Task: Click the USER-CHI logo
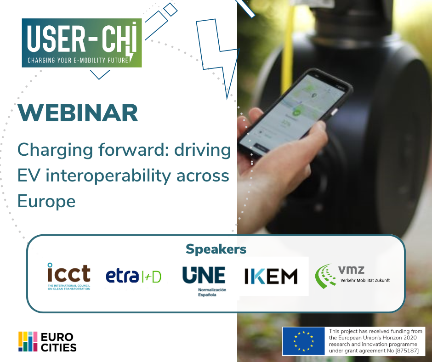point(82,42)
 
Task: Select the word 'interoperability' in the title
point(113,176)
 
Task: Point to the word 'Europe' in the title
point(46,201)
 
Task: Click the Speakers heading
point(216,249)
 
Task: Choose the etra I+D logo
point(133,276)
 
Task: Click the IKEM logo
point(271,276)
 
